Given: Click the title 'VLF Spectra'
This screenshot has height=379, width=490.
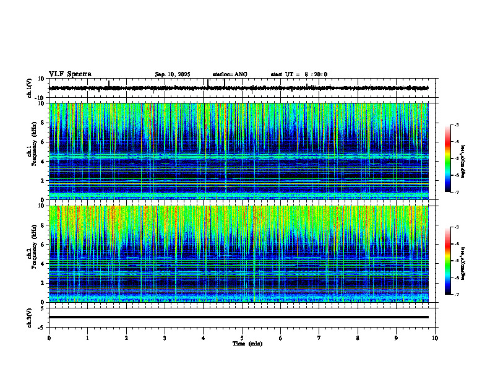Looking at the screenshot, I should pyautogui.click(x=70, y=74).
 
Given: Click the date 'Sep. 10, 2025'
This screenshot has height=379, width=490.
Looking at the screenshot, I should pyautogui.click(x=173, y=74).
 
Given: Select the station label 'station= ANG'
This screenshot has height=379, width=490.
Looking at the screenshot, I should pyautogui.click(x=230, y=74).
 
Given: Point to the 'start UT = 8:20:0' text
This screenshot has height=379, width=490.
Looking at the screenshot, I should pyautogui.click(x=299, y=74).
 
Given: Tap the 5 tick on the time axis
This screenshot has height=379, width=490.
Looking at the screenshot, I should pyautogui.click(x=242, y=338).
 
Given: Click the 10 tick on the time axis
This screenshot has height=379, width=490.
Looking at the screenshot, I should pyautogui.click(x=435, y=338).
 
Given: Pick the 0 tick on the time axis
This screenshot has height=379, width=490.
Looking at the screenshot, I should pyautogui.click(x=49, y=338).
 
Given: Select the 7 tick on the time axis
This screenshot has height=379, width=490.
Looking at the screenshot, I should pyautogui.click(x=319, y=338).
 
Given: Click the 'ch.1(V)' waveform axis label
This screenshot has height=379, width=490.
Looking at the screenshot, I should pyautogui.click(x=29, y=88).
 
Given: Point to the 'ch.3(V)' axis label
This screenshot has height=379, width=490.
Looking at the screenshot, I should pyautogui.click(x=29, y=317).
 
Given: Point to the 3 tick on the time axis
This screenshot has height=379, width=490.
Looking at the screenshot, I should pyautogui.click(x=165, y=338).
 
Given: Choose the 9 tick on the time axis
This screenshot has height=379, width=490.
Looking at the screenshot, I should pyautogui.click(x=397, y=338).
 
